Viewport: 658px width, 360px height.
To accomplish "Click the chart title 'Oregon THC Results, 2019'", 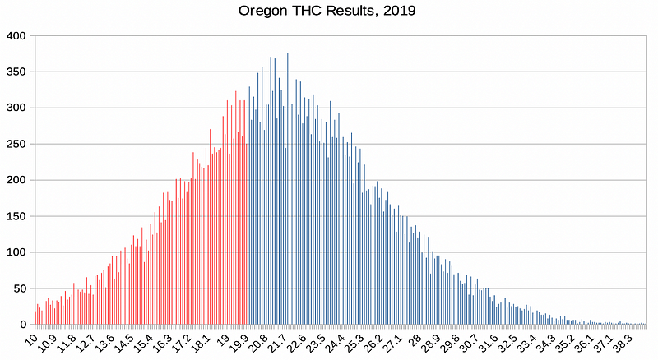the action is [x=327, y=11].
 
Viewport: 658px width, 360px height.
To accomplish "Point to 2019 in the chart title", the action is [x=400, y=10].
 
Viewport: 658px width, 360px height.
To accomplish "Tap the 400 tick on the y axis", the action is [x=16, y=36].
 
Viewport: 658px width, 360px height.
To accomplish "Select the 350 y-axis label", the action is [x=16, y=72].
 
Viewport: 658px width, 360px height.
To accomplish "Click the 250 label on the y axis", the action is [x=16, y=145].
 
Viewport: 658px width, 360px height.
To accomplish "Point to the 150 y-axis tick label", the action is [x=16, y=216].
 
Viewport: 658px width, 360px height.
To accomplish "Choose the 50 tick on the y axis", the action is [x=19, y=288].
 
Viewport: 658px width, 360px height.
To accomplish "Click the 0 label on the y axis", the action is [x=23, y=325].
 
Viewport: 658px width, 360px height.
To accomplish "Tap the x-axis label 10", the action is [x=31, y=339].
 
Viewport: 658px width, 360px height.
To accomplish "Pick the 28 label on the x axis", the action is [x=415, y=339].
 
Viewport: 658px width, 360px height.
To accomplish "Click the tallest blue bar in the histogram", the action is [x=287, y=189].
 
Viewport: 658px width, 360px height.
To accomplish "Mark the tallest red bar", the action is [x=236, y=208].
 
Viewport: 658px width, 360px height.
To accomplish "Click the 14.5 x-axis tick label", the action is [x=125, y=343].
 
